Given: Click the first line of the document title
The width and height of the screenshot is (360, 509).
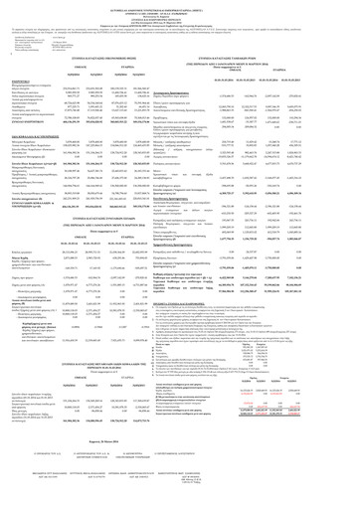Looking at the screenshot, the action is (x=179, y=5).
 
